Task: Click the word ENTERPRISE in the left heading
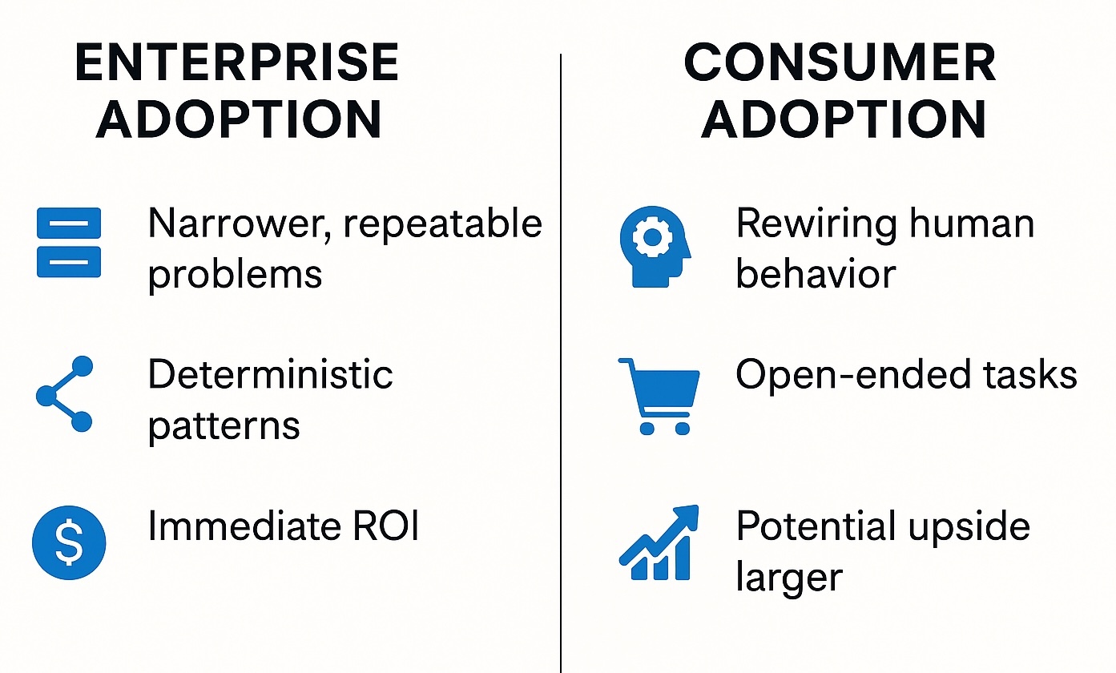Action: pos(236,62)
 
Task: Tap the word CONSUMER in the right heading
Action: pos(840,62)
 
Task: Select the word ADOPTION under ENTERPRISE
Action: pos(239,119)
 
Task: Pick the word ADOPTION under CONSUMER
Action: pos(844,119)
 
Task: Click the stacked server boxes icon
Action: pos(69,243)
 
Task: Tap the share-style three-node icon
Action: pos(65,394)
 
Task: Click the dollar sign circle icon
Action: pos(69,542)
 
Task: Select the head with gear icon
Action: pos(655,247)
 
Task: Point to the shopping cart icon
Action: pos(659,397)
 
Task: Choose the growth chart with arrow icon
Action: pos(659,542)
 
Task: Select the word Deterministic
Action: pos(271,374)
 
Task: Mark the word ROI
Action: pos(385,526)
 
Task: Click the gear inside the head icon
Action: pos(652,238)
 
